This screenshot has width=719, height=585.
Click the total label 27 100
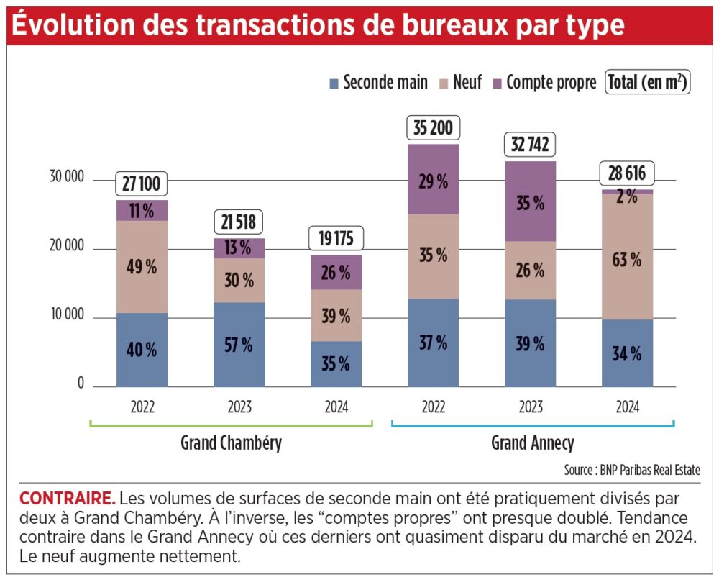click(141, 183)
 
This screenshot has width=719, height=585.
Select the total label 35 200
click(433, 127)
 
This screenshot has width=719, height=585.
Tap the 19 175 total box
click(336, 238)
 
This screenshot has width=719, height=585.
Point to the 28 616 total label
click(627, 173)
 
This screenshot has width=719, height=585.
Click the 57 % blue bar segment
click(239, 345)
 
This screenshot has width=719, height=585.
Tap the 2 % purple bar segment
click(627, 192)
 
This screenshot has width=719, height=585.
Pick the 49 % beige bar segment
click(142, 267)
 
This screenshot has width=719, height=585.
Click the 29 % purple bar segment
click(433, 179)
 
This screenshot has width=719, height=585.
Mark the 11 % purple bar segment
click(142, 211)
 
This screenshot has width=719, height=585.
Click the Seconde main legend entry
click(379, 83)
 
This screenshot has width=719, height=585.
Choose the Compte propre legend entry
click(545, 83)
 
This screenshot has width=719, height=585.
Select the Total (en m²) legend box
click(648, 83)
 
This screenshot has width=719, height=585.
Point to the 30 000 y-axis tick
click(67, 176)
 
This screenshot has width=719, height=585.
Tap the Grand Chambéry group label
click(231, 443)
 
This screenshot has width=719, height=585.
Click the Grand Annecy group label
click(533, 443)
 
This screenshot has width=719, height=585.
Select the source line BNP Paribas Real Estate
click(632, 470)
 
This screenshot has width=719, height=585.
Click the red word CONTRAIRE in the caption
click(68, 498)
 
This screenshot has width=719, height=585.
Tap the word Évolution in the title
click(73, 24)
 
